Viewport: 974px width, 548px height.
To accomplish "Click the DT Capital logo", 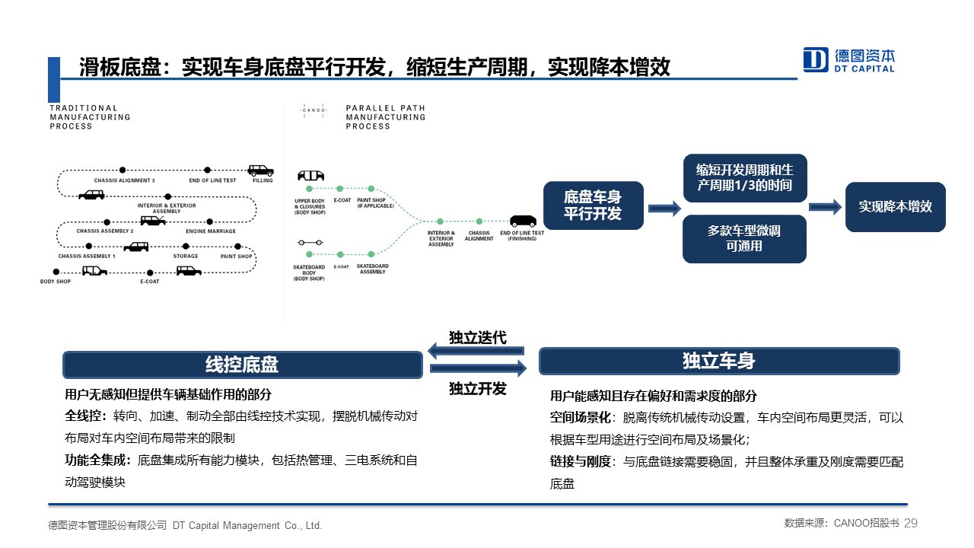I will click(849, 59).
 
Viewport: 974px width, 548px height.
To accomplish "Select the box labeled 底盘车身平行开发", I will click(593, 205).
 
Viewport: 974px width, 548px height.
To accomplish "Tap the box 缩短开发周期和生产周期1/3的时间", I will click(744, 178).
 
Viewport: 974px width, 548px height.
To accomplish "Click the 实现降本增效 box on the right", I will click(895, 206).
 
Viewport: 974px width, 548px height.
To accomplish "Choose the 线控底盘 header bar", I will click(242, 365).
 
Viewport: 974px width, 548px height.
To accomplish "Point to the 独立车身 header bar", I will click(718, 361).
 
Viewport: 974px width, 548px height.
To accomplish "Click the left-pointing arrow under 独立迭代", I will click(476, 351).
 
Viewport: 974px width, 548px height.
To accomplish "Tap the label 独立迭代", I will click(477, 336).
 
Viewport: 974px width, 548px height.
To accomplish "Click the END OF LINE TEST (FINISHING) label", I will click(521, 236).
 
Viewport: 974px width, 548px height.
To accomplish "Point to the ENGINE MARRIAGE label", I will click(210, 231).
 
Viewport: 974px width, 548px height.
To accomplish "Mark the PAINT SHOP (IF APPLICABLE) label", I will click(372, 203).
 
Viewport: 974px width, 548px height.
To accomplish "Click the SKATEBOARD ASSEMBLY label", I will click(372, 269).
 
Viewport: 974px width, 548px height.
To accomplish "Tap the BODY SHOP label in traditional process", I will click(55, 282).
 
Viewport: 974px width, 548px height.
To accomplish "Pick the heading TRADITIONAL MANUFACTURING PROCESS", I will click(90, 117).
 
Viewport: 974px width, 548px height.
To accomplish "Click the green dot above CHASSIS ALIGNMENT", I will click(479, 221).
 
